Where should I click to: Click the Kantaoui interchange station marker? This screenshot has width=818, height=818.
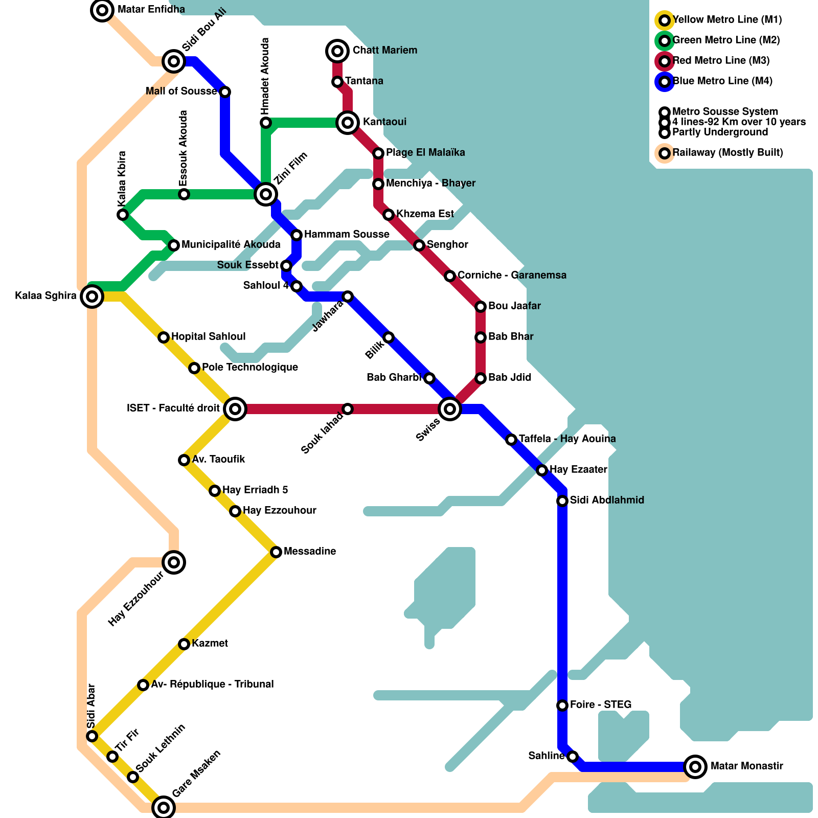tap(348, 123)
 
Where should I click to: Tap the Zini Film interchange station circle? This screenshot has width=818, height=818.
tap(266, 194)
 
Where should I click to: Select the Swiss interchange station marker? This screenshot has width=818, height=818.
tap(450, 409)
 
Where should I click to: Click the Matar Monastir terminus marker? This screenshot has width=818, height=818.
tap(695, 766)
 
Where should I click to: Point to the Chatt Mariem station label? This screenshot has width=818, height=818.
tap(384, 50)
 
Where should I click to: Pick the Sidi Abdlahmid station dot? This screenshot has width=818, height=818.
tap(562, 501)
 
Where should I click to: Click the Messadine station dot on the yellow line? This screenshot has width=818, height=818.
tap(276, 552)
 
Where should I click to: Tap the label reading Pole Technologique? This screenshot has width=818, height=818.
tap(249, 367)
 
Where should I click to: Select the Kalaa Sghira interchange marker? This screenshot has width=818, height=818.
tap(92, 297)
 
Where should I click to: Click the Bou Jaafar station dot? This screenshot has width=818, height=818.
tap(481, 307)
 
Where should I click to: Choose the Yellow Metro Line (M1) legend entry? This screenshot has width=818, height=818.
tap(726, 20)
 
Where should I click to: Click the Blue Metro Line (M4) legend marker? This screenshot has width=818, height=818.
tap(665, 82)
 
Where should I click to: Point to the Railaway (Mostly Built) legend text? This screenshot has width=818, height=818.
tap(728, 152)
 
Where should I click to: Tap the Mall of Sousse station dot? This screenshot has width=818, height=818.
tap(225, 92)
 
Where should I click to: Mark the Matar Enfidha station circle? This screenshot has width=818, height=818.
tap(102, 10)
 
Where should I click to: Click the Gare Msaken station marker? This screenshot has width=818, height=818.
tap(164, 807)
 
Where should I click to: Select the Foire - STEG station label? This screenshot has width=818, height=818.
tap(601, 705)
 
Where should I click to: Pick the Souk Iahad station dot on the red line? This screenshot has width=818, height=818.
tap(348, 409)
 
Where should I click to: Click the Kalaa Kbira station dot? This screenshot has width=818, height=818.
tap(123, 215)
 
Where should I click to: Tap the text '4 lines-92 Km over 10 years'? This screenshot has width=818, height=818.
tap(739, 122)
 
